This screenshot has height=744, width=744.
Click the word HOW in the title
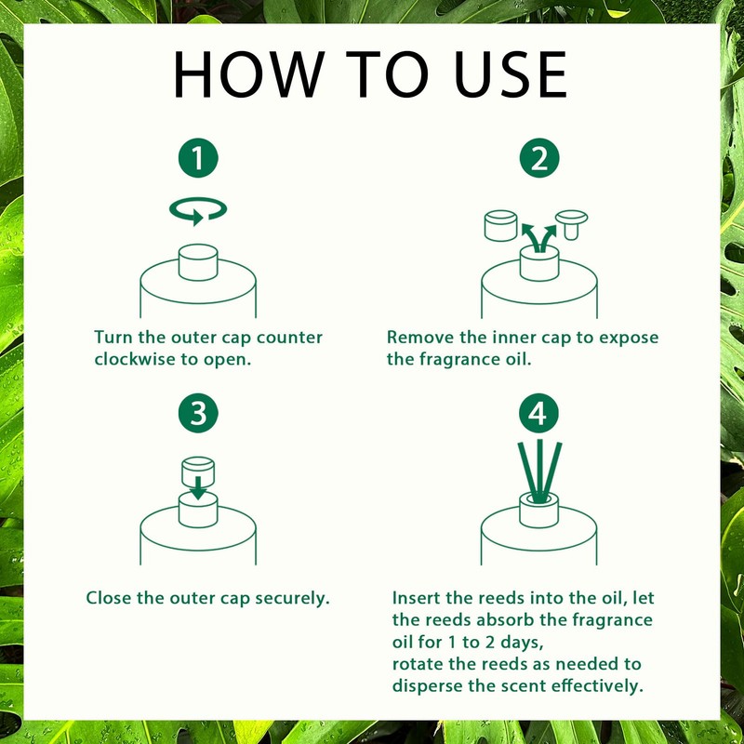249,74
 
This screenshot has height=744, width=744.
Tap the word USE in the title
511,74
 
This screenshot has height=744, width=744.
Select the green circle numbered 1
198,158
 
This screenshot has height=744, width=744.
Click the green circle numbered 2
539,158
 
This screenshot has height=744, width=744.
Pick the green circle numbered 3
198,413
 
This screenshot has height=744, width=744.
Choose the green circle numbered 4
538,413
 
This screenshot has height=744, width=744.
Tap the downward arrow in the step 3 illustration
198,487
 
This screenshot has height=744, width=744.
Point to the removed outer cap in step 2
500,225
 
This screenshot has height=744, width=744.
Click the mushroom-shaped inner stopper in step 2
571,224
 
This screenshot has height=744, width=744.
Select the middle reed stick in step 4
539,471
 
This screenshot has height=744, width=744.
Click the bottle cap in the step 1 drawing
198,262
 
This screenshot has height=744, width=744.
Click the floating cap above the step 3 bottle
198,472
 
